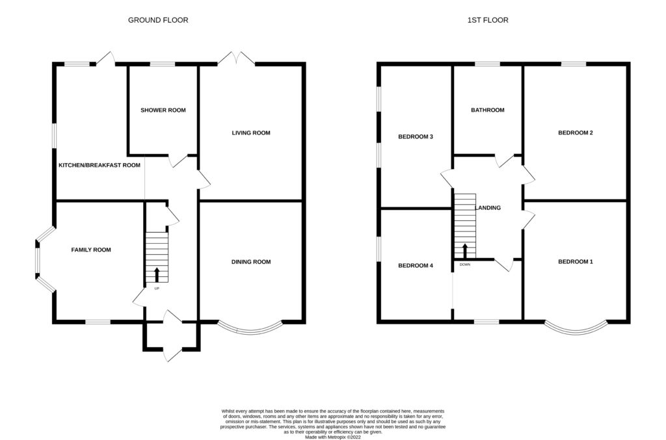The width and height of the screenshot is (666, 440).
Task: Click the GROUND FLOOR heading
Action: click(158, 20)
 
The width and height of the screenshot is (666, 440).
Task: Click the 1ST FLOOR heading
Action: click(488, 20)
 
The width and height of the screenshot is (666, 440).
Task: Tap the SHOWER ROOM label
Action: click(163, 110)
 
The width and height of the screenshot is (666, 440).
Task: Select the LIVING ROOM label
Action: click(251, 133)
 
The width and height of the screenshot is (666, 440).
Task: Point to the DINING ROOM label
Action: click(251, 262)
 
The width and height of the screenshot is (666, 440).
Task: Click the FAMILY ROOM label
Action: click(91, 250)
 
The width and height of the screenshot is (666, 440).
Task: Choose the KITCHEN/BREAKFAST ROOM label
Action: click(100, 165)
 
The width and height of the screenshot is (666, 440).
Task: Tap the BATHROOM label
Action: click(488, 110)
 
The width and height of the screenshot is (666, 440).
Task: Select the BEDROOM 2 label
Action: click(576, 133)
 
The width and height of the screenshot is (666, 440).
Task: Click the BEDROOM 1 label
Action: click(576, 262)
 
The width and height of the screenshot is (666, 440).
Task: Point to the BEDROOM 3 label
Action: click(416, 136)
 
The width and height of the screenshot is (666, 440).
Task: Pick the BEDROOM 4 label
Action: click(416, 266)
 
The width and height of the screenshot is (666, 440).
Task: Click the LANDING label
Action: click(488, 207)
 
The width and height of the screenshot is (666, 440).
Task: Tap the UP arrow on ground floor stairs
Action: click(157, 275)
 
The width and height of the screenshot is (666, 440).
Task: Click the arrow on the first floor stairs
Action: click(465, 251)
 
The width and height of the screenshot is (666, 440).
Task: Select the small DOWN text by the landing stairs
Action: click(464, 265)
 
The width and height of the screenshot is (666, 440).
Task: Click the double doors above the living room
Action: click(237, 58)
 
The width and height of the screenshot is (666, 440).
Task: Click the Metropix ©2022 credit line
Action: click(333, 437)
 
